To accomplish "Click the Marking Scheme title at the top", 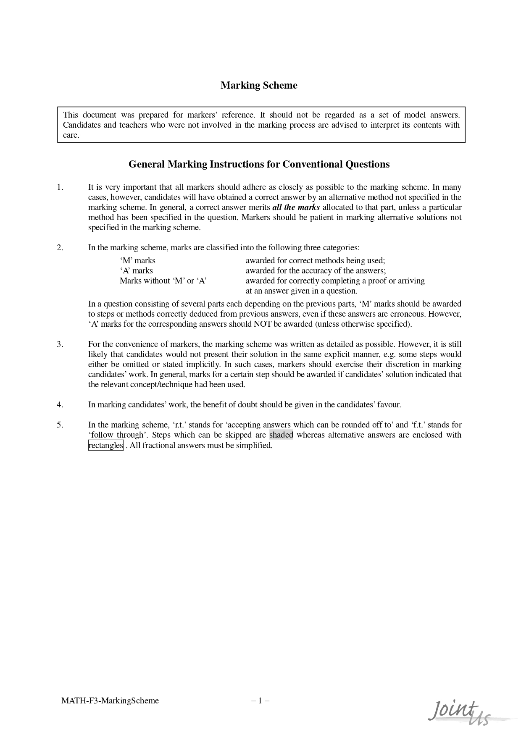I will pos(259,85).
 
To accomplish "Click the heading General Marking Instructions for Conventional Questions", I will pos(259,164).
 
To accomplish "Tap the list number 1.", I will pos(60,187).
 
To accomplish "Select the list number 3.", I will pos(60,344).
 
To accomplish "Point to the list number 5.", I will pos(60,425).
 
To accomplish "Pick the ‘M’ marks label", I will pos(138,261).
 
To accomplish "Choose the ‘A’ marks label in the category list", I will pos(137,271).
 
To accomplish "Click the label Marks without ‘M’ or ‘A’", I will pos(163,281).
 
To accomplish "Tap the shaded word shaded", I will pos(281,435).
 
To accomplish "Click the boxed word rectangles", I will pos(106,446).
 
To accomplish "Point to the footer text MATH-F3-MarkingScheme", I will pos(110,700).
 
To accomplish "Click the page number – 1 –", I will pos(260,700).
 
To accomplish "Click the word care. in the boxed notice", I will pos(71,135).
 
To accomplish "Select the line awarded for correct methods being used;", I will pos(315,261).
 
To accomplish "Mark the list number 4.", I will pos(60,405).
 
